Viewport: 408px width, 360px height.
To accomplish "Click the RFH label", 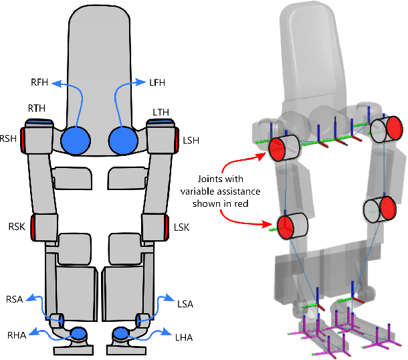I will click(x=39, y=84).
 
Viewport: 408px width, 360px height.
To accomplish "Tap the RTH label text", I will click(x=37, y=108).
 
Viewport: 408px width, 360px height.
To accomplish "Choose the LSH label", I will click(x=191, y=142).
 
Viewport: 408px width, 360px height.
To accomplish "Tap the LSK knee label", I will click(x=183, y=228).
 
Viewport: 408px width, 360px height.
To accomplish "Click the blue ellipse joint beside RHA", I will click(x=78, y=333).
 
